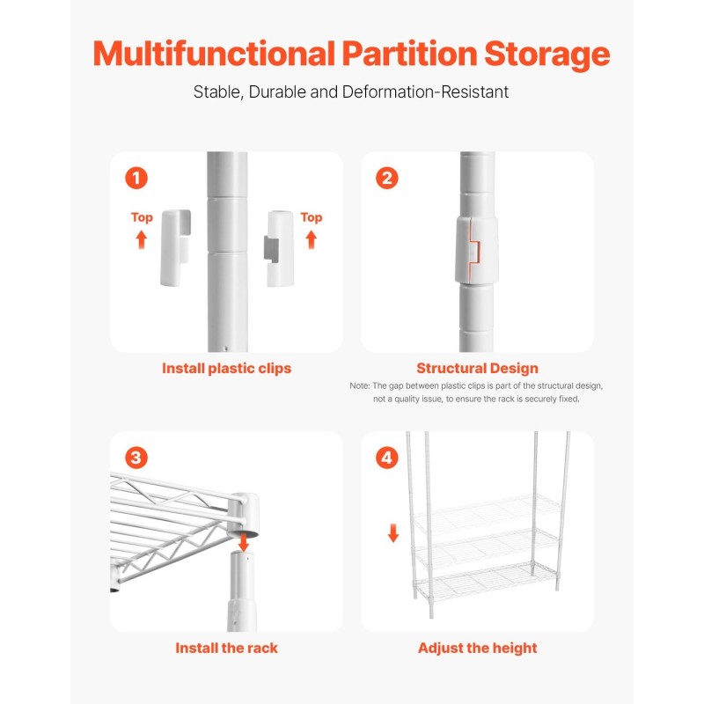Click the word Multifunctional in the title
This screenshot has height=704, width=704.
pos(214,54)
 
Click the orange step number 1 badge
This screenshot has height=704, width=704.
pos(136,178)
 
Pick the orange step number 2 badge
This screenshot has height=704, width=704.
pos(387,178)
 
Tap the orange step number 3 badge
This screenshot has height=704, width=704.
pos(136,458)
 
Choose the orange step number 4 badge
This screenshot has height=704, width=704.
pos(387,458)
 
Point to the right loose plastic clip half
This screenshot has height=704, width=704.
pos(279,248)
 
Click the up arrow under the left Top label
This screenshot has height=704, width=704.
pos(142,239)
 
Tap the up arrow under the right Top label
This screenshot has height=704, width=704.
pos(312,239)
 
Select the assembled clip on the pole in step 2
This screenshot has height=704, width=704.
pos(476,250)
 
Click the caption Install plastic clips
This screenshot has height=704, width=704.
pos(227,369)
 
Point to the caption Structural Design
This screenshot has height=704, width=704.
pos(477,369)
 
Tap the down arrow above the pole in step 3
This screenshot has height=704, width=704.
pos(244,542)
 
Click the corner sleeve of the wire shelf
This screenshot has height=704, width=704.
pos(243,515)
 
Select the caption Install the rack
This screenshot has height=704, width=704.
pos(227,649)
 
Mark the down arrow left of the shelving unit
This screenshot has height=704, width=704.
pos(393,533)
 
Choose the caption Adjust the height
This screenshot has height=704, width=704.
pos(477,649)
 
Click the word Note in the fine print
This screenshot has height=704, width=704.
pos(359,386)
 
